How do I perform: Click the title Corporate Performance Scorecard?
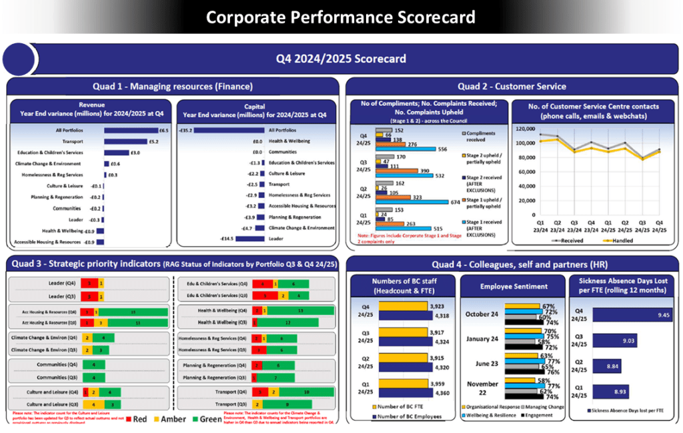point(341,17)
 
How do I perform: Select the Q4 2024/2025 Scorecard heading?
point(341,59)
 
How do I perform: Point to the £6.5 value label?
point(163,130)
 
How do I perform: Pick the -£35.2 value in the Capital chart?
point(185,131)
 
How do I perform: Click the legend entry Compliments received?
point(484,136)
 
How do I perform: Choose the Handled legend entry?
point(618,240)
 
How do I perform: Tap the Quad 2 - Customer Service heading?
point(512,86)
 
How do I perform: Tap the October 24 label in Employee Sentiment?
point(482,314)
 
